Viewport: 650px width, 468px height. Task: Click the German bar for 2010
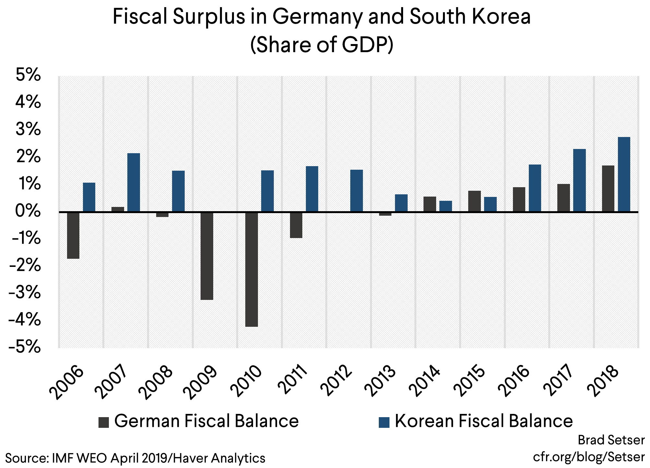pos(251,269)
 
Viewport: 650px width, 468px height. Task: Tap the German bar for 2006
pos(73,235)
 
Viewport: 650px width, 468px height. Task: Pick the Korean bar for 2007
pos(133,182)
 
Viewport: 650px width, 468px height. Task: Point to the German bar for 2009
pos(207,256)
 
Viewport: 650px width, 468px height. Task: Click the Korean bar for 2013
pos(401,203)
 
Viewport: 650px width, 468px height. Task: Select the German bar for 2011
pos(296,225)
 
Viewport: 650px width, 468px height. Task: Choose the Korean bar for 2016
pos(535,188)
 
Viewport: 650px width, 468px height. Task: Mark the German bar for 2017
pos(563,198)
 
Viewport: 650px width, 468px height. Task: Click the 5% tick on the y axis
pos(29,75)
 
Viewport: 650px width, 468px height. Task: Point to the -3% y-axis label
pos(25,293)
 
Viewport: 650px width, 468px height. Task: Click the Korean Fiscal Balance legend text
pos(483,421)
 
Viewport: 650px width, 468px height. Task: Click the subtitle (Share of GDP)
pos(322,45)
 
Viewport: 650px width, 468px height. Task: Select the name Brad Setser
pos(611,440)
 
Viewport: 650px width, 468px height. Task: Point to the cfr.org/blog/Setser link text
pos(589,457)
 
